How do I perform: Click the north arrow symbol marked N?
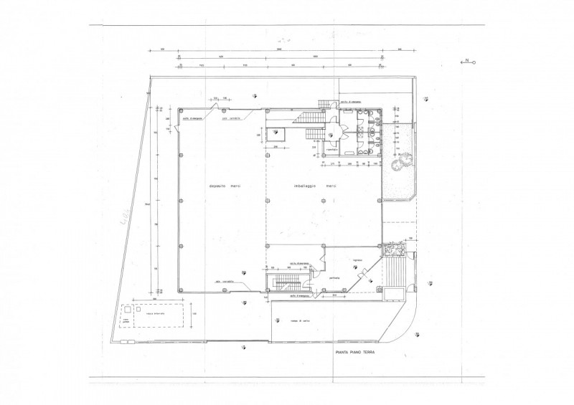pyautogui.click(x=468, y=62)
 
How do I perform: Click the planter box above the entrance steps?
pyautogui.click(x=395, y=249)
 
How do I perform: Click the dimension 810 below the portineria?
pyautogui.click(x=334, y=295)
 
